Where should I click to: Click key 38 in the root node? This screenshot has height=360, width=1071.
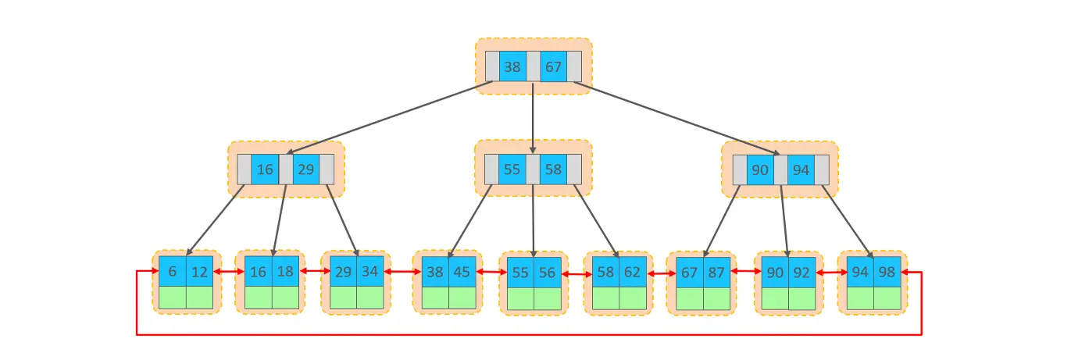(512, 67)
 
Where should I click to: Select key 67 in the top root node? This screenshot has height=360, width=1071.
(553, 67)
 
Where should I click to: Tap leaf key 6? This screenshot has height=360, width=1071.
(173, 272)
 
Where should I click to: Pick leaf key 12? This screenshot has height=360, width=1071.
(199, 272)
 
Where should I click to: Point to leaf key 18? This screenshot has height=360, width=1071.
(285, 272)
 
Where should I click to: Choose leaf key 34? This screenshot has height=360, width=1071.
(370, 272)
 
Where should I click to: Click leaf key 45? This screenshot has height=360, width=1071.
(462, 272)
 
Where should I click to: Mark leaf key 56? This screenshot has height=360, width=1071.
(548, 273)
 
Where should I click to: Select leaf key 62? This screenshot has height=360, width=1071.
(633, 273)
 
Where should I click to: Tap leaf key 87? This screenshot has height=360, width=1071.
(716, 273)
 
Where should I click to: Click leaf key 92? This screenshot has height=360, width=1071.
(801, 273)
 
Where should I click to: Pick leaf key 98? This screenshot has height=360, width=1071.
(887, 273)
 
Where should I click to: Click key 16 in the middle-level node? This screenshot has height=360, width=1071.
(265, 169)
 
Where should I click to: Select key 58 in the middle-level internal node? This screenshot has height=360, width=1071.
(553, 169)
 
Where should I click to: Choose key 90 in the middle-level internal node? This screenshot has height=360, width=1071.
(760, 169)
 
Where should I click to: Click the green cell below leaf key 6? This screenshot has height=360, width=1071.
(173, 298)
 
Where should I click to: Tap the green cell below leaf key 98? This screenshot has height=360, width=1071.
(887, 298)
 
